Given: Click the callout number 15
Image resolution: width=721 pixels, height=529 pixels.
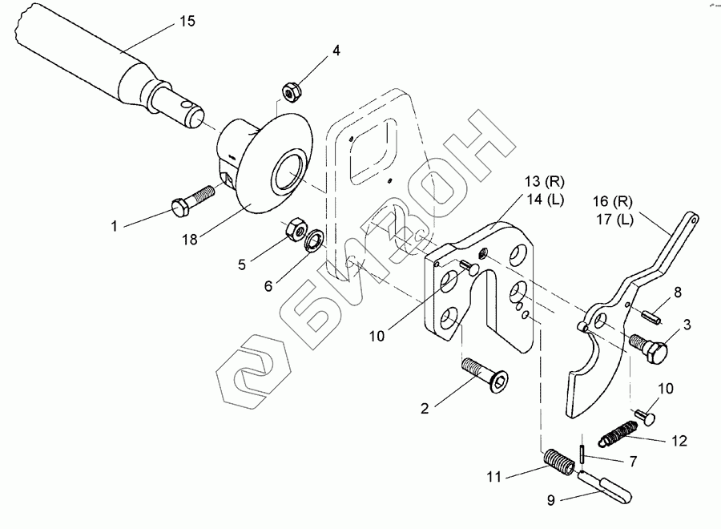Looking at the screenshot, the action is (x=187, y=22).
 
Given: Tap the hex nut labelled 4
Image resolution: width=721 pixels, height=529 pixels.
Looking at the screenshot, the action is (x=292, y=91).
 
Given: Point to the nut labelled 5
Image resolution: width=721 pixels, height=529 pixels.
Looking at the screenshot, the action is (x=292, y=229).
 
